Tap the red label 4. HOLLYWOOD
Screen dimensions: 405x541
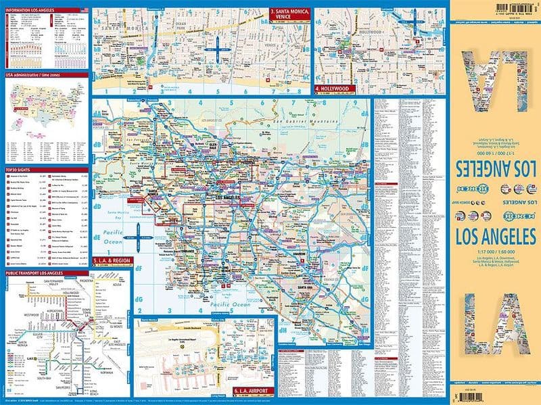(332, 89)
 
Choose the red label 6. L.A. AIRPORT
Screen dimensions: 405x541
(252, 391)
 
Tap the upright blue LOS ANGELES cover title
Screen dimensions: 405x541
(497, 237)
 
